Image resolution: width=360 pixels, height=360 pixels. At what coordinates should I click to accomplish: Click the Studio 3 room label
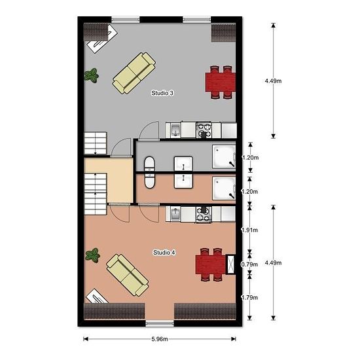(162, 93)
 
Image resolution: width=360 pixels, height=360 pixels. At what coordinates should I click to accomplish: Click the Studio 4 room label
(164, 253)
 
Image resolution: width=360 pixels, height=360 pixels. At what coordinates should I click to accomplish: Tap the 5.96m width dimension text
(160, 339)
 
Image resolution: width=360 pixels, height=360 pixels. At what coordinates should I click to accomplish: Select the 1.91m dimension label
(249, 230)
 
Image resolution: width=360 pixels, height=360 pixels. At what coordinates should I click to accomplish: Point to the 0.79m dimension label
(249, 264)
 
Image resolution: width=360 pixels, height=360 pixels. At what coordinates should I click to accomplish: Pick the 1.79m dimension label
(249, 298)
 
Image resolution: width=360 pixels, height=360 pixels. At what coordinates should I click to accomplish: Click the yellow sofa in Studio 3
(134, 73)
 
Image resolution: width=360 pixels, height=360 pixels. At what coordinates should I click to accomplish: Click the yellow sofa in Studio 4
(128, 275)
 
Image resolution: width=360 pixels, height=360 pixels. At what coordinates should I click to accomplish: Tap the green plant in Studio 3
(92, 75)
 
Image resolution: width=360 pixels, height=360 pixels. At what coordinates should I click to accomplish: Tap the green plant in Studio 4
(92, 255)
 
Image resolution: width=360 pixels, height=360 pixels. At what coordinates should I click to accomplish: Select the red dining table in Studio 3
(221, 82)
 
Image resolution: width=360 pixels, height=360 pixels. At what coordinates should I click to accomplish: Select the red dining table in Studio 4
(211, 264)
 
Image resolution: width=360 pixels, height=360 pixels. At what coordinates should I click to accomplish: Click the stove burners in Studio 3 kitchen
(204, 130)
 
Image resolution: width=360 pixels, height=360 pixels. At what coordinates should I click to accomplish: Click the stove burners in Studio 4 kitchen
(204, 214)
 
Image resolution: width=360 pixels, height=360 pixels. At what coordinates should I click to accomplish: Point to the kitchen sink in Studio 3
(175, 131)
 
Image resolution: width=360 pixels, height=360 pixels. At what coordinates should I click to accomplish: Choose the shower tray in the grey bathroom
(224, 156)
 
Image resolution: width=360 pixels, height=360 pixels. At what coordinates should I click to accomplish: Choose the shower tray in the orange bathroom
(224, 188)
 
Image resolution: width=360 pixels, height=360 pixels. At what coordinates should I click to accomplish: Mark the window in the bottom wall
(160, 324)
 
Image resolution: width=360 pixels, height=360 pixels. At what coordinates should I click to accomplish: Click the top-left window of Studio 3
(126, 20)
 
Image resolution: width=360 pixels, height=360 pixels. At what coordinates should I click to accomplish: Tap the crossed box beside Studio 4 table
(231, 264)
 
